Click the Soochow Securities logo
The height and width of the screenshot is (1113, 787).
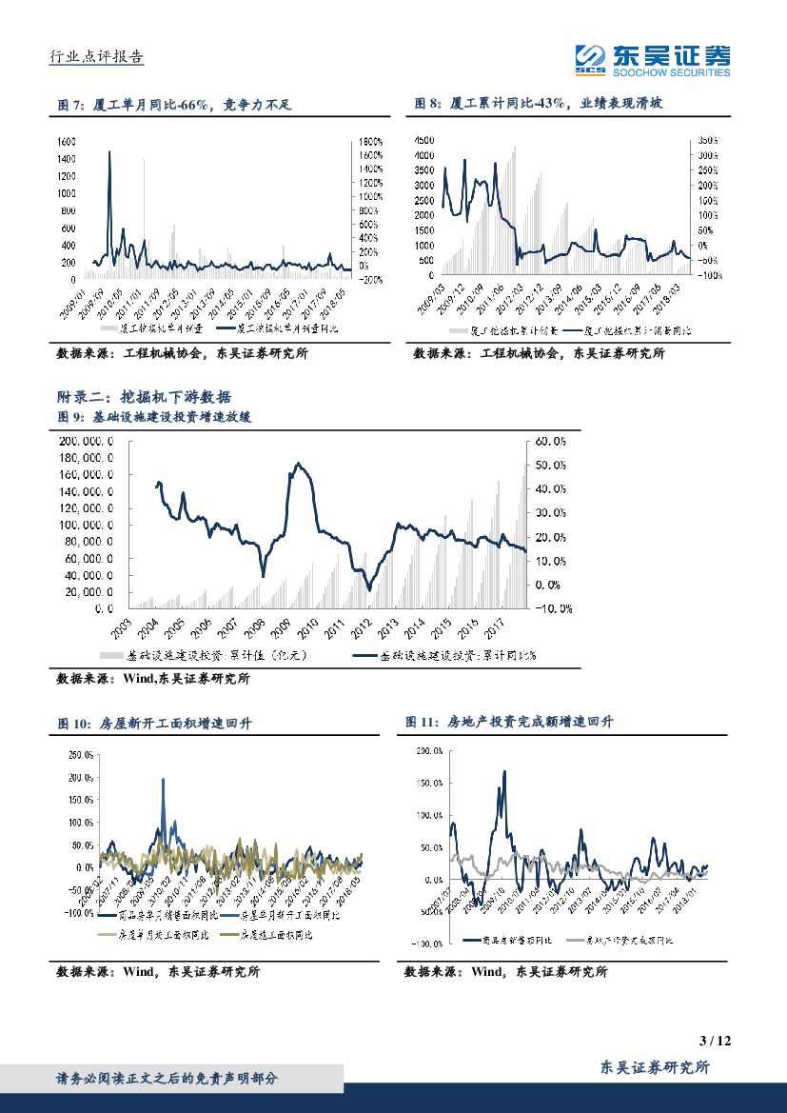pos(654,60)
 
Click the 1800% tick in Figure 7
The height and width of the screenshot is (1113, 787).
pos(370,140)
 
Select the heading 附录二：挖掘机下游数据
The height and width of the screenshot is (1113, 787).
pos(144,397)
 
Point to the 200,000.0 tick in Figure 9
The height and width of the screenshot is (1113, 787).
pos(87,442)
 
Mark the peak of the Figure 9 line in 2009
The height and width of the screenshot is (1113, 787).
pos(299,464)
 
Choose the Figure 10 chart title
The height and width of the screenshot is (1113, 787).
pos(155,724)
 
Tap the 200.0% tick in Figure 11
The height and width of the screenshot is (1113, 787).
pos(429,751)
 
